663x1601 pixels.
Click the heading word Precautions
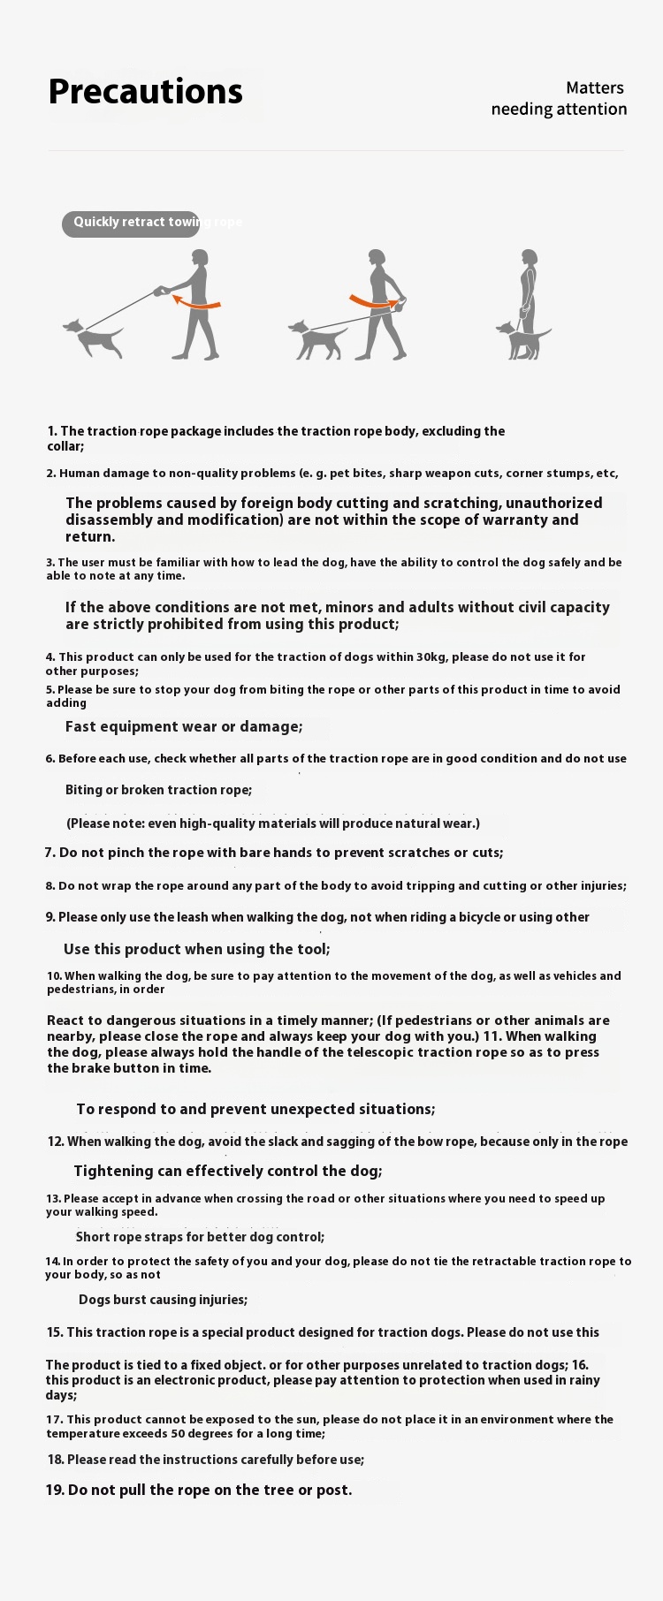point(145,92)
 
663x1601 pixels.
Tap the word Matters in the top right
point(595,87)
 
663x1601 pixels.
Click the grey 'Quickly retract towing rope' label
point(131,223)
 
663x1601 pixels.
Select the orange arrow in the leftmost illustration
point(195,302)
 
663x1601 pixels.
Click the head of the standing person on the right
point(530,258)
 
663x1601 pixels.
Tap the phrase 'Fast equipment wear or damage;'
point(184,726)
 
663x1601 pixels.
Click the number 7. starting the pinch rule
point(50,853)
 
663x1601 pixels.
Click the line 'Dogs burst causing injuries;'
point(163,1300)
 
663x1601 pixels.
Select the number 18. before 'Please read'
point(56,1460)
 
